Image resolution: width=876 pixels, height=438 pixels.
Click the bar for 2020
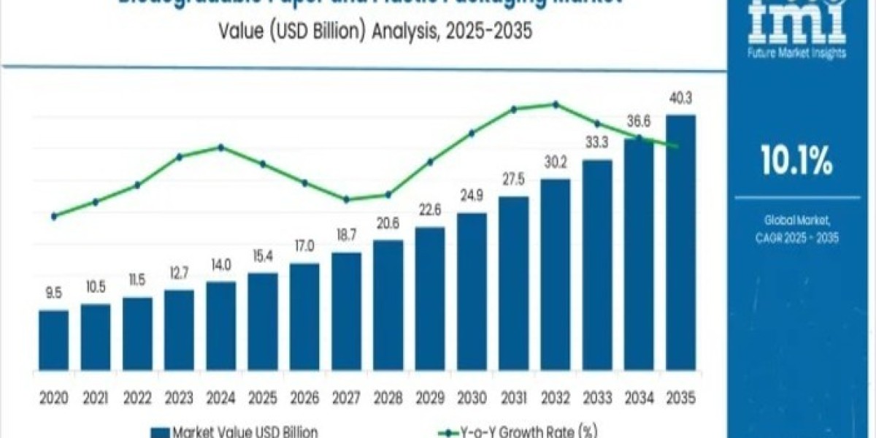point(53,342)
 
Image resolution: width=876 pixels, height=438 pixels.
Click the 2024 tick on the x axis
point(220,398)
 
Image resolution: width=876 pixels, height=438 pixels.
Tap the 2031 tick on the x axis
point(513,398)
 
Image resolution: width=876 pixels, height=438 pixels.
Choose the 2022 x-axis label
point(137,398)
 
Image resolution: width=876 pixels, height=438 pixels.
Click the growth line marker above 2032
point(556,104)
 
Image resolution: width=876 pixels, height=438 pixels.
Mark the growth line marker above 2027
point(347,199)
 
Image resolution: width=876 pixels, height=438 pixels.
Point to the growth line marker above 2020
point(53,216)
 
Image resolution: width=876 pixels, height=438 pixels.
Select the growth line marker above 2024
point(220,147)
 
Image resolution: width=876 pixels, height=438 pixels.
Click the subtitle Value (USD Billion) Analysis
point(364,32)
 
